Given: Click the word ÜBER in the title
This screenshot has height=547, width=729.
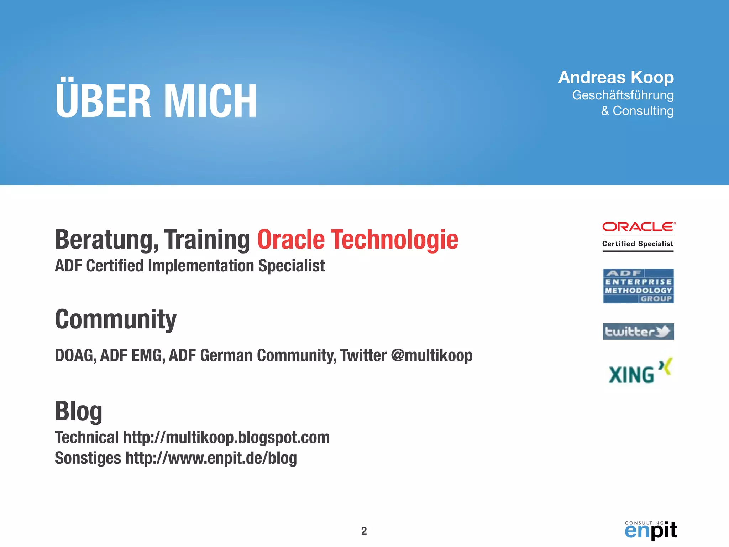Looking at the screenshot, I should click(103, 100).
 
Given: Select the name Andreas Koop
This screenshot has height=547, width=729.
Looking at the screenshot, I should click(616, 77).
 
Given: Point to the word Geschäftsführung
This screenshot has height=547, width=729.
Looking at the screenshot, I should click(623, 95).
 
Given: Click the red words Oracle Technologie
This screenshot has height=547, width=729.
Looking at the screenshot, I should click(357, 239).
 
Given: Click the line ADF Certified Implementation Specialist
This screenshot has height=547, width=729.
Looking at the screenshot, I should click(190, 266).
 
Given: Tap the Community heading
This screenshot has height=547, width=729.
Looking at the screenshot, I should click(116, 319).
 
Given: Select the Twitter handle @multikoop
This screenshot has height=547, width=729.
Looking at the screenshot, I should click(431, 355).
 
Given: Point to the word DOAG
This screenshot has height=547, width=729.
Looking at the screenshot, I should click(75, 355).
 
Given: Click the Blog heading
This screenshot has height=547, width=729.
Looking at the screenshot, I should click(79, 411).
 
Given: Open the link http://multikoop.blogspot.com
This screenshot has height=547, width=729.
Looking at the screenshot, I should click(226, 437).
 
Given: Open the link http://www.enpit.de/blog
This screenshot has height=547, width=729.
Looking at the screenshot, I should click(211, 458).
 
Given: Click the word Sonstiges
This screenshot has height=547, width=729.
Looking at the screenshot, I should click(88, 458).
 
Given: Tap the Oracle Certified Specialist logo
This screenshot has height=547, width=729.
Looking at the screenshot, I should click(638, 236).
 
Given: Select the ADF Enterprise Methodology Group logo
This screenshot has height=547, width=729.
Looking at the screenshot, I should click(638, 286).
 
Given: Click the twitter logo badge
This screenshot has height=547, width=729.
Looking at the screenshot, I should click(638, 332).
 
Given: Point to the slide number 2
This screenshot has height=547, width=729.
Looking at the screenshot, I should click(364, 531).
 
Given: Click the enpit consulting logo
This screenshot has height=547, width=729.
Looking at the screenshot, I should click(651, 530).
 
